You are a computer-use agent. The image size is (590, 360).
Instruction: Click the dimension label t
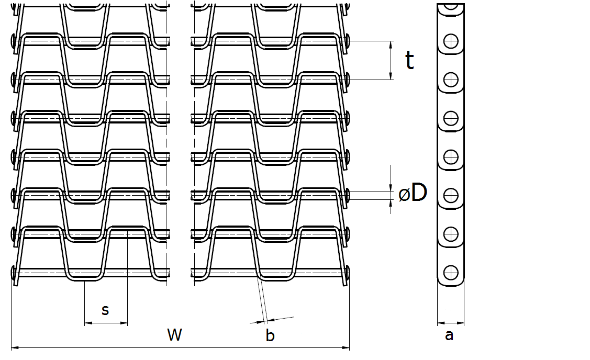[x=410, y=60]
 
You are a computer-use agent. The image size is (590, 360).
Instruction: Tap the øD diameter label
[x=413, y=193]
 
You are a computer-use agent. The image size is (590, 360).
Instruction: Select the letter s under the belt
[x=105, y=310]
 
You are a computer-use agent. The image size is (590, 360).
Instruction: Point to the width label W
[x=175, y=334]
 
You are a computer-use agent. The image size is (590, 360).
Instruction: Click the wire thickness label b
[x=270, y=335]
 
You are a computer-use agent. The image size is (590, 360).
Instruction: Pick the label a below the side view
[x=449, y=335]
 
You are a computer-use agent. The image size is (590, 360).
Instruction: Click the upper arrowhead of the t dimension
[x=391, y=45]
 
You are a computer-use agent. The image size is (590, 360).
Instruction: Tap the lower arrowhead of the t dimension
[x=391, y=75]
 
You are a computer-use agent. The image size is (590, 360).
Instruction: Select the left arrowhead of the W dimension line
[x=16, y=348]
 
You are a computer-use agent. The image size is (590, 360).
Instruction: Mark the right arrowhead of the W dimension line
[x=345, y=348]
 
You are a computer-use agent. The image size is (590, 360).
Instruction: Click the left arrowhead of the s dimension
[x=89, y=323]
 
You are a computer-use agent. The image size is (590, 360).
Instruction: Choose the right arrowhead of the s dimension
[x=124, y=323]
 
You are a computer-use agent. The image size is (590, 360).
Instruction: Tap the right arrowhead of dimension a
[x=460, y=323]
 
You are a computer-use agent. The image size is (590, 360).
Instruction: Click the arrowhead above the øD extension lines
[x=391, y=187]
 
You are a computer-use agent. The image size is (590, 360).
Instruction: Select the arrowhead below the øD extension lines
[x=391, y=204]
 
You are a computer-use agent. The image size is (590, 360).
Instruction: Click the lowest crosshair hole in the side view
[x=451, y=273]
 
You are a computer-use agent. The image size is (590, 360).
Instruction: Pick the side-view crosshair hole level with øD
[x=451, y=196]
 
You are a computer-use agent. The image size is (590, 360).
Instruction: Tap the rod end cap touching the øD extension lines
[x=348, y=195]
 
